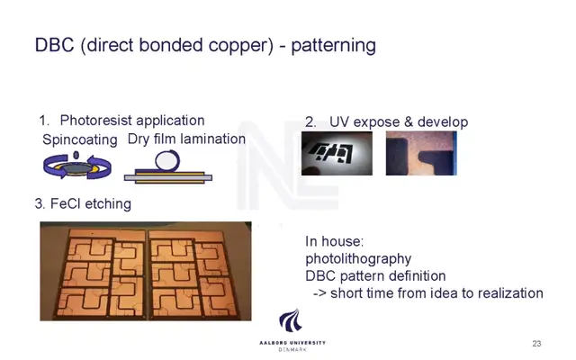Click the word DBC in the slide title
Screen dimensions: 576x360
click(x=54, y=45)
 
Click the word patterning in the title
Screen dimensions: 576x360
click(x=333, y=46)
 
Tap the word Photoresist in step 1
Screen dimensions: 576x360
click(x=95, y=121)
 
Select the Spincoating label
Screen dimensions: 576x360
click(x=80, y=140)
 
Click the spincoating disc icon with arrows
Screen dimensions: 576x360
click(x=76, y=166)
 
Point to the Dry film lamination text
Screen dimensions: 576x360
click(x=186, y=139)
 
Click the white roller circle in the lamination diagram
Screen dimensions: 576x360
click(x=167, y=160)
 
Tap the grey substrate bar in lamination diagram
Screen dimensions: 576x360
click(x=168, y=178)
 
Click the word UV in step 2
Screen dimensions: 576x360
click(x=338, y=122)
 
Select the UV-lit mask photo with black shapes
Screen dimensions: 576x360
click(x=337, y=153)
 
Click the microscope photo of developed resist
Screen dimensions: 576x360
click(x=421, y=153)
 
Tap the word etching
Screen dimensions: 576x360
click(x=108, y=204)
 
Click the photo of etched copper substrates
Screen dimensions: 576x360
click(x=146, y=271)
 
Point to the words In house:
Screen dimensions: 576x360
click(x=334, y=241)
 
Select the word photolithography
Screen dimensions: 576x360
click(x=358, y=259)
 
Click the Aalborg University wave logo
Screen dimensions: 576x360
click(x=291, y=320)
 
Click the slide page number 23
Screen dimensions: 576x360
click(x=536, y=344)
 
